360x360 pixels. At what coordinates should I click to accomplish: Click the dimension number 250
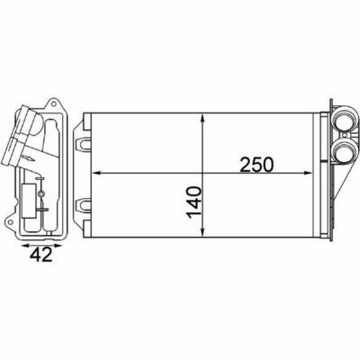pos(256,165)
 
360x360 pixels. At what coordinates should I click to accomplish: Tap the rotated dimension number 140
pos(193,202)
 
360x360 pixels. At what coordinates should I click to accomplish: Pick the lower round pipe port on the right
pos(344,151)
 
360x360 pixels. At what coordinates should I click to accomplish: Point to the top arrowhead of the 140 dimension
pos(203,119)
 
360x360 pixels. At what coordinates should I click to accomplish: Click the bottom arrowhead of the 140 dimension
pos(203,232)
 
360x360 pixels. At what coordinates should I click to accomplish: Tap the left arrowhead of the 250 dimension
pos(96,173)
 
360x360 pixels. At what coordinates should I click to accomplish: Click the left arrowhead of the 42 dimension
pos(25,246)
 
